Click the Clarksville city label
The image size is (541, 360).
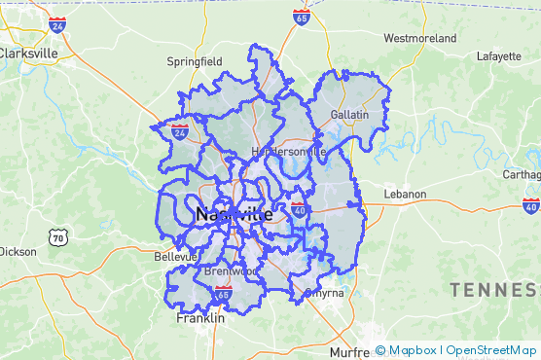pyautogui.click(x=30, y=54)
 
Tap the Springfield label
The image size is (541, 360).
pyautogui.click(x=195, y=60)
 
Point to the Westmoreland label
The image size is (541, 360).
pyautogui.click(x=420, y=38)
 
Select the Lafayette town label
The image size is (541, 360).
pyautogui.click(x=499, y=55)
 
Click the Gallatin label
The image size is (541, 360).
pyautogui.click(x=349, y=115)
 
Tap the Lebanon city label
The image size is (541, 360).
pyautogui.click(x=405, y=194)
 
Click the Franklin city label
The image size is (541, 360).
pyautogui.click(x=200, y=317)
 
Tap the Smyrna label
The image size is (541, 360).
pyautogui.click(x=324, y=292)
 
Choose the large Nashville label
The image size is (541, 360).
pyautogui.click(x=234, y=214)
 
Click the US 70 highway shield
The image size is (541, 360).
pyautogui.click(x=58, y=236)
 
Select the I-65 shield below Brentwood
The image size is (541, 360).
pyautogui.click(x=223, y=292)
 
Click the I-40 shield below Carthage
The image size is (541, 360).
pyautogui.click(x=530, y=206)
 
